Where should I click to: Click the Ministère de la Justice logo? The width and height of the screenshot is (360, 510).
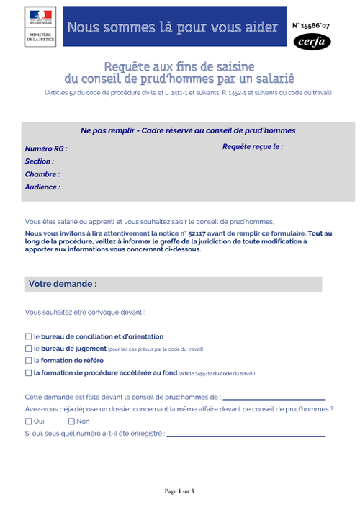click(40, 27)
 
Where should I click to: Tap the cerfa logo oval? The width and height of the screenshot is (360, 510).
click(313, 42)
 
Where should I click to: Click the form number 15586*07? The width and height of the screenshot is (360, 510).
click(312, 25)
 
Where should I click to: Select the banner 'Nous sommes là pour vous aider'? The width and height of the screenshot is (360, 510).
click(172, 27)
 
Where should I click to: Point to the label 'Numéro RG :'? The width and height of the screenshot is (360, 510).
click(46, 148)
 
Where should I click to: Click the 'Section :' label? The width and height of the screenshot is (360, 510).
click(39, 161)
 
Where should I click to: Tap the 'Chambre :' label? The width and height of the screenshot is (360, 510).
click(42, 174)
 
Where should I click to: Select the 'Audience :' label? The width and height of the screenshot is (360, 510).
click(42, 187)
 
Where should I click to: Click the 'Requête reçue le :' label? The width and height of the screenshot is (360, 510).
click(253, 146)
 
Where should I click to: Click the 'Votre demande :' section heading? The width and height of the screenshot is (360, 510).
click(63, 284)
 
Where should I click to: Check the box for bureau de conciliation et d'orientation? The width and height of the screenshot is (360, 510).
click(28, 336)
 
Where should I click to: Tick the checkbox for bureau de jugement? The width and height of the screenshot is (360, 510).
click(28, 349)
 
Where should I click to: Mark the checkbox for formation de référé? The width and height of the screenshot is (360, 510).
click(28, 361)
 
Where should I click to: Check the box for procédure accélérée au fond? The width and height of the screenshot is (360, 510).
click(28, 373)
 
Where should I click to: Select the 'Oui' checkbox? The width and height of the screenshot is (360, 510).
click(28, 421)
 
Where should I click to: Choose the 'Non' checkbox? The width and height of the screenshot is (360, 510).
click(71, 421)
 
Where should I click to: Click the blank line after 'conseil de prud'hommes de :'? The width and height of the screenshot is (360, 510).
click(274, 398)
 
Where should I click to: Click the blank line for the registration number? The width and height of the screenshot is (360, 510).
click(246, 435)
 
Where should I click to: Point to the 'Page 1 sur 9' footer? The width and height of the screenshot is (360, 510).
click(180, 491)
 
